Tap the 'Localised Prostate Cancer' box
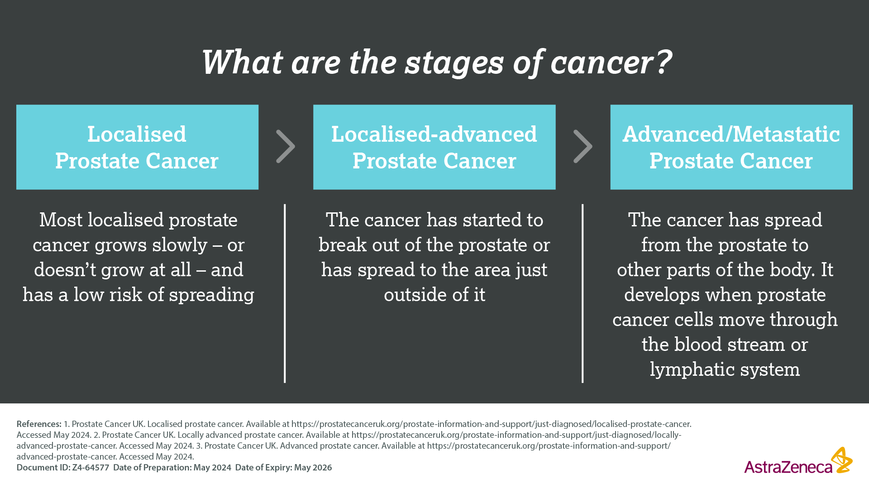137,147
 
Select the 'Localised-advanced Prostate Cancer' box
434,147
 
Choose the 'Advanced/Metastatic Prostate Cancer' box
731,147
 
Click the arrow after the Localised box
286,146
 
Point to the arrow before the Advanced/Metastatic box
583,146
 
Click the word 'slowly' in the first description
180,245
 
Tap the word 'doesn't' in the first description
65,270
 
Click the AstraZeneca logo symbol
842,460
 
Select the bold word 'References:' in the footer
39,424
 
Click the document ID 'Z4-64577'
91,468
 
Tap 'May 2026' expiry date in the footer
313,468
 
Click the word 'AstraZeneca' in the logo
788,467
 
